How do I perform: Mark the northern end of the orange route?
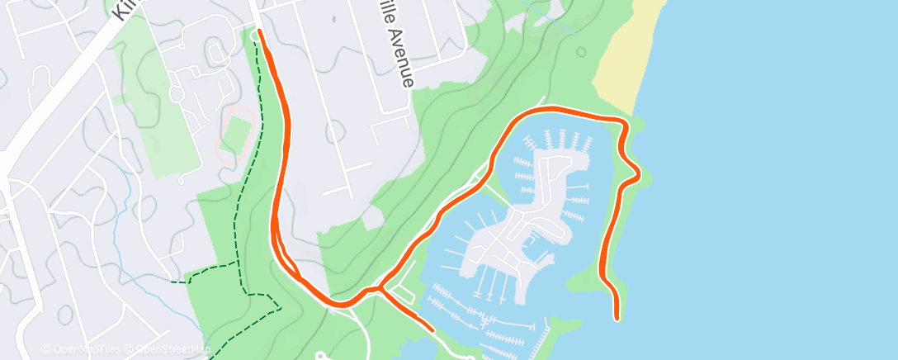(x=260, y=31)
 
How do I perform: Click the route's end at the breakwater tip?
(x=617, y=316)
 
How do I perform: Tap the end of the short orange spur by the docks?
(x=431, y=330)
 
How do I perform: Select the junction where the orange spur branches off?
(x=380, y=288)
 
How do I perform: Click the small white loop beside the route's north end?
(x=253, y=35)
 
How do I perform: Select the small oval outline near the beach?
(x=581, y=51)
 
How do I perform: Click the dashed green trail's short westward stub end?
(x=173, y=282)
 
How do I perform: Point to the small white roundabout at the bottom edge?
(x=323, y=356)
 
